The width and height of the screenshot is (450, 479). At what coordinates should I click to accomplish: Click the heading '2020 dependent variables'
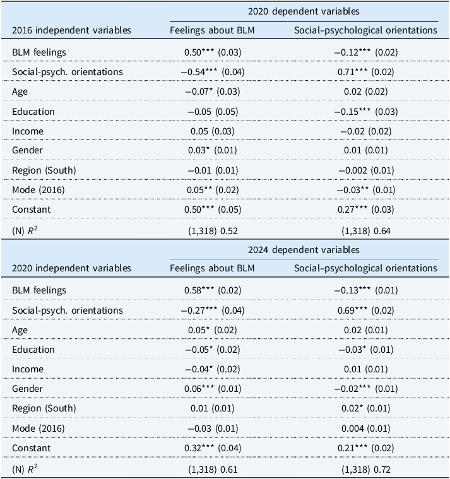coord(304,11)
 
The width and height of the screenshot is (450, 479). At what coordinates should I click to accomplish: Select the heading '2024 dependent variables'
coord(304,249)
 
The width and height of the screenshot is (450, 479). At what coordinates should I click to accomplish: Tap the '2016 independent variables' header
coord(71,30)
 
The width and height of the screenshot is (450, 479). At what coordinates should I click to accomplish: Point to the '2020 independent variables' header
coord(71,268)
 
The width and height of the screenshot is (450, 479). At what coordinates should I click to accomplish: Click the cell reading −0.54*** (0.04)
coord(213,72)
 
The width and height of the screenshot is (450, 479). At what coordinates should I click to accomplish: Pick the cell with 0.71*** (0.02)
coord(365,72)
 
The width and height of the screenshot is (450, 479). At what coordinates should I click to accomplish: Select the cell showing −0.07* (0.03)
coord(213,92)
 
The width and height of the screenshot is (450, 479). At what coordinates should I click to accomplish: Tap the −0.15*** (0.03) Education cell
coord(365,112)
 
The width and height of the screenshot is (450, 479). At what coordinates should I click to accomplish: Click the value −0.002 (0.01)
coord(365,170)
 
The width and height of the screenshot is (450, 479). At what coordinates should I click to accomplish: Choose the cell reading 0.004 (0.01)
coord(365,429)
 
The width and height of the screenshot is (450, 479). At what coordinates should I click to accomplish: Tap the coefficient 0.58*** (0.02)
coord(213,290)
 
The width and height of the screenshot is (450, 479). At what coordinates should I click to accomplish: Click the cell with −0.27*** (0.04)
coord(213,310)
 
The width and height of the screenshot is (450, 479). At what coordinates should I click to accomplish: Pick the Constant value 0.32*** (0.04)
coord(213,448)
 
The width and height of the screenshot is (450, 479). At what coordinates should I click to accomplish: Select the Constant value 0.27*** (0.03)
coord(365,210)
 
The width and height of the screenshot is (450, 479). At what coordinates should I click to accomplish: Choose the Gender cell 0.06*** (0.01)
coord(213,389)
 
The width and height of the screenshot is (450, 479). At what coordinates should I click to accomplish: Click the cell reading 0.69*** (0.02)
coord(365,310)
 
